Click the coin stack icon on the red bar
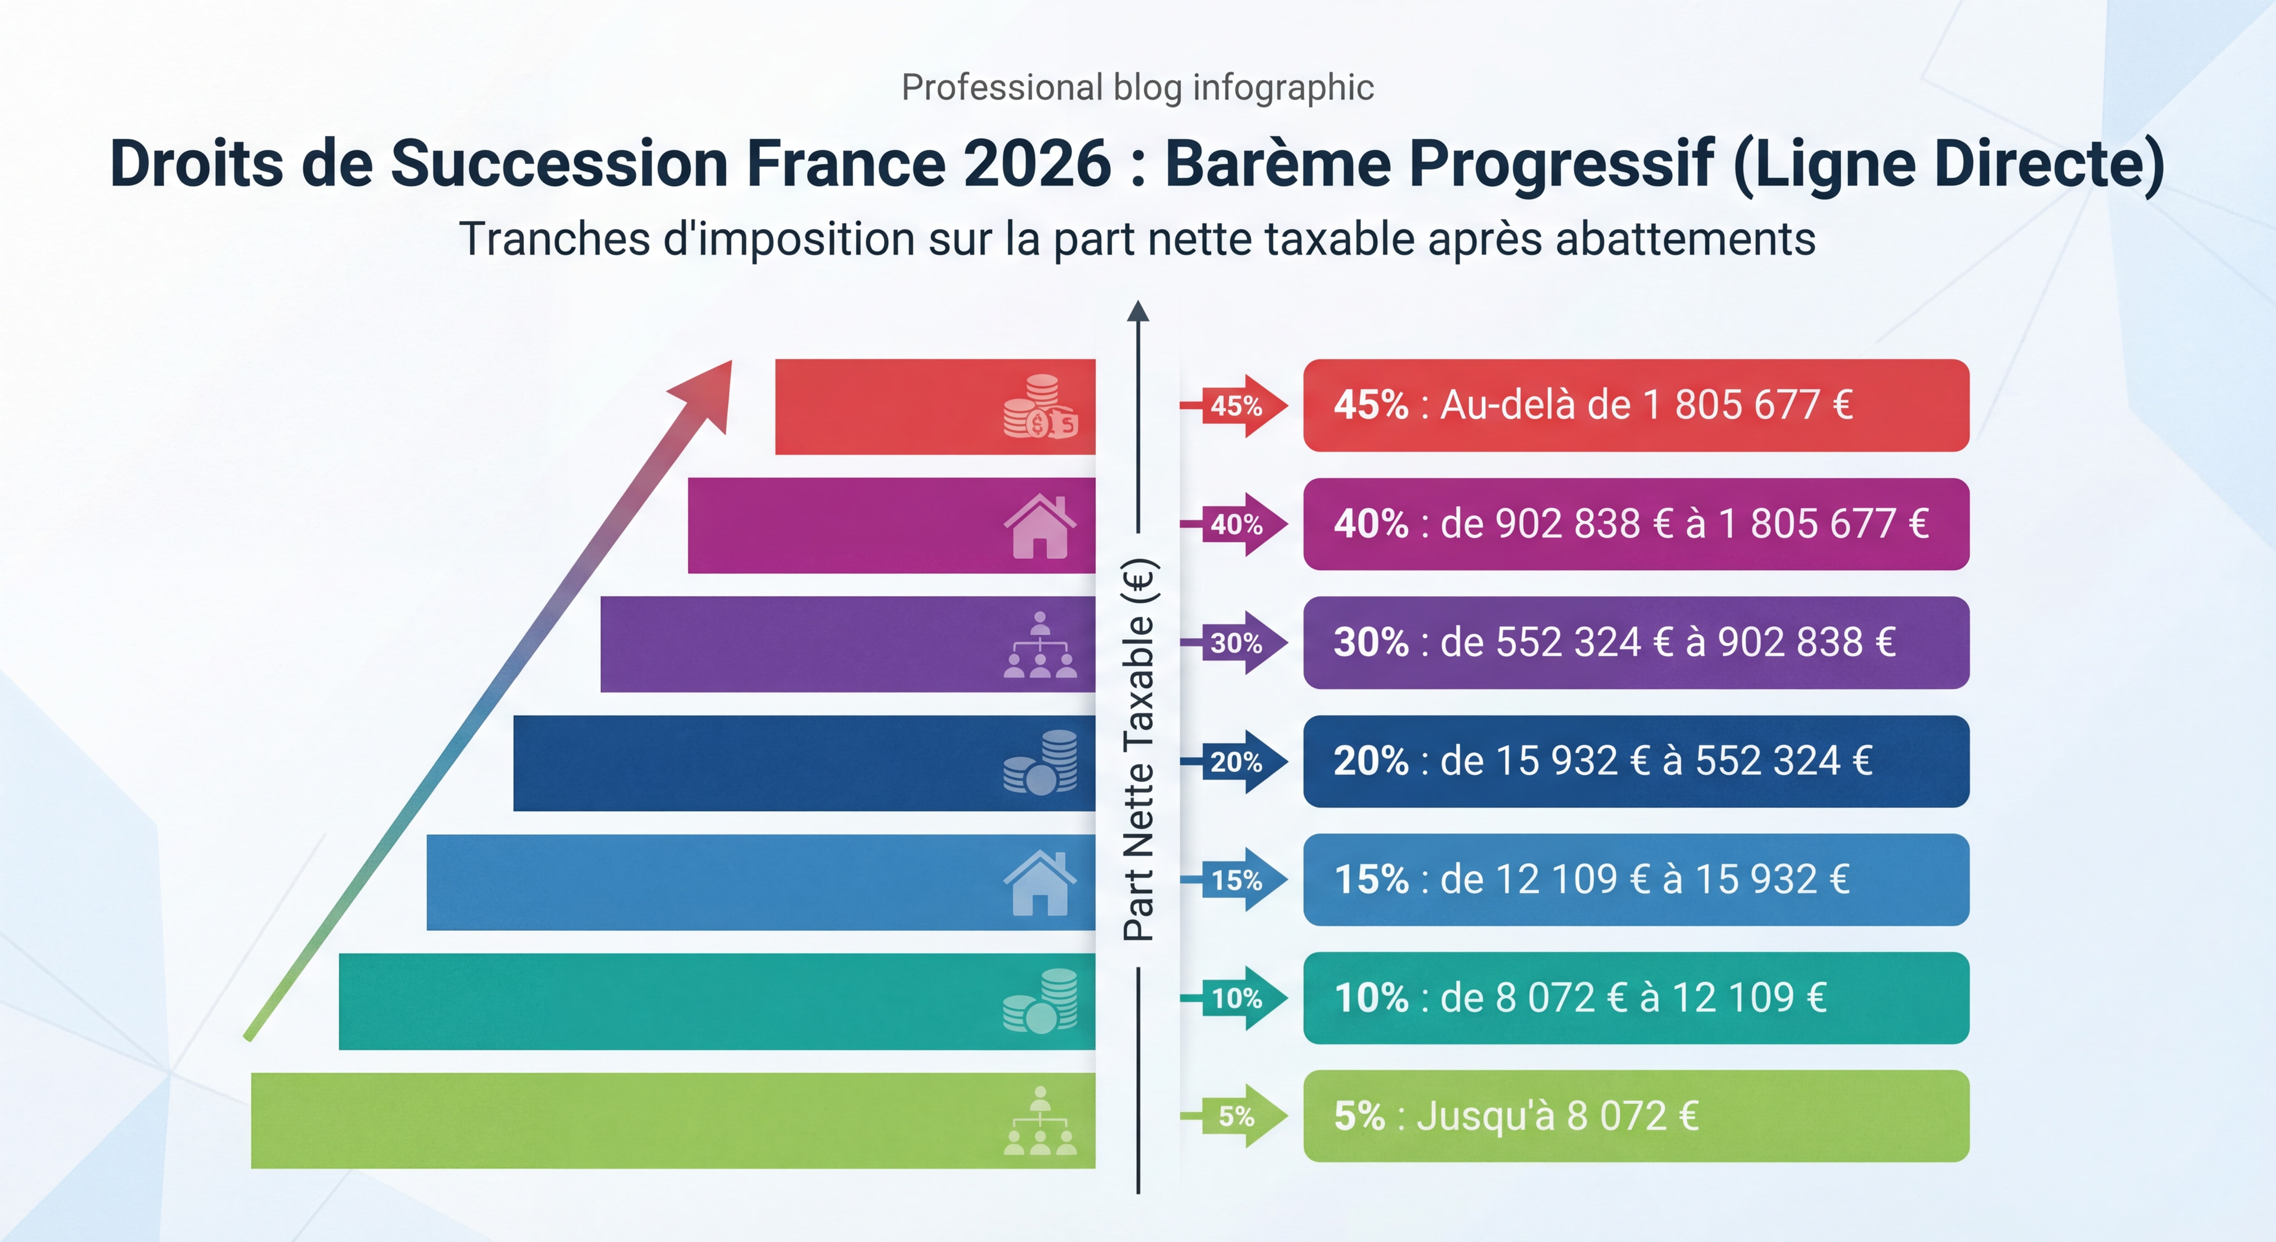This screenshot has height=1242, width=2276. (1040, 407)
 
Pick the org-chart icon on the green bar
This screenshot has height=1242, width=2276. (1040, 1121)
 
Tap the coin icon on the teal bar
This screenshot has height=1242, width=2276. (1040, 1001)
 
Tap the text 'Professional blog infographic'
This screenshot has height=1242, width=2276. (1137, 87)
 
